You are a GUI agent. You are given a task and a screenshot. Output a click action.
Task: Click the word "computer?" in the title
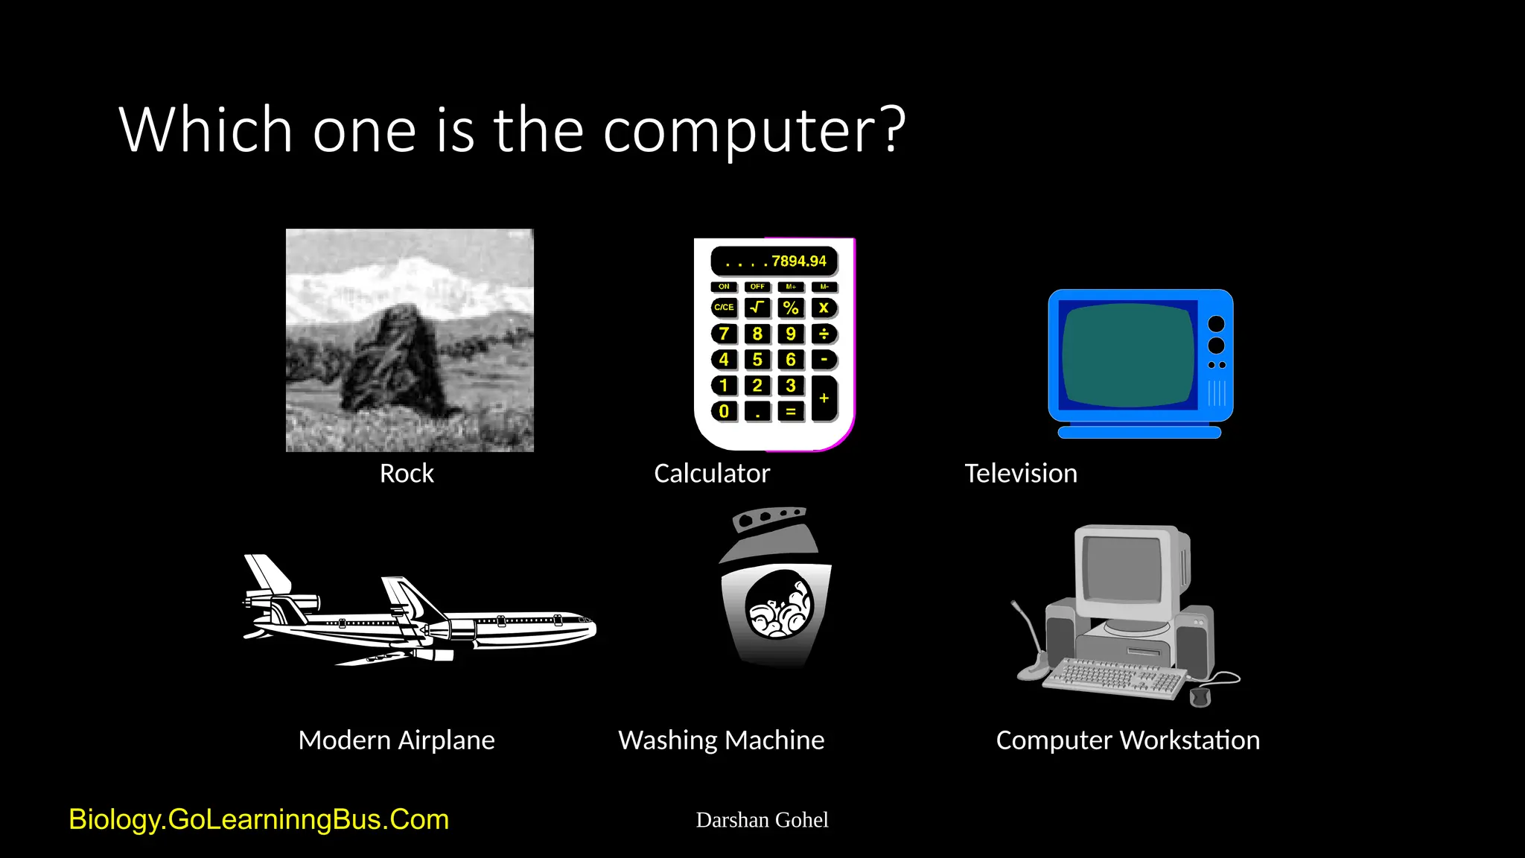point(754,130)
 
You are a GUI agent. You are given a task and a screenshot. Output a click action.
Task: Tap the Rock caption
point(407,474)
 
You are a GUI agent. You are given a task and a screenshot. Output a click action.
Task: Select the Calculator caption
point(711,474)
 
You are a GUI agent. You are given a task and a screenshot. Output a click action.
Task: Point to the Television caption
point(1020,474)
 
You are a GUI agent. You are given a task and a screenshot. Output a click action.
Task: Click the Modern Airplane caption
point(396,740)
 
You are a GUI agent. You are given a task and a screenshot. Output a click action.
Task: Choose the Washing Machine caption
point(721,740)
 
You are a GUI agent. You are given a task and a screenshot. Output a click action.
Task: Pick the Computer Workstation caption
point(1127,740)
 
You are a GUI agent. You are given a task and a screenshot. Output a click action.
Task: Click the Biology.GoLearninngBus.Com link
point(258,819)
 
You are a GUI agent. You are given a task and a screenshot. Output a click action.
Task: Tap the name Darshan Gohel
point(762,820)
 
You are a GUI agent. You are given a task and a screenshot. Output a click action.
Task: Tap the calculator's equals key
point(791,411)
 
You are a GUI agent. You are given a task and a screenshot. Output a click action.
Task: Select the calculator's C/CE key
point(724,308)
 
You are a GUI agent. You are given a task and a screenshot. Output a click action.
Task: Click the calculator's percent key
point(791,308)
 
